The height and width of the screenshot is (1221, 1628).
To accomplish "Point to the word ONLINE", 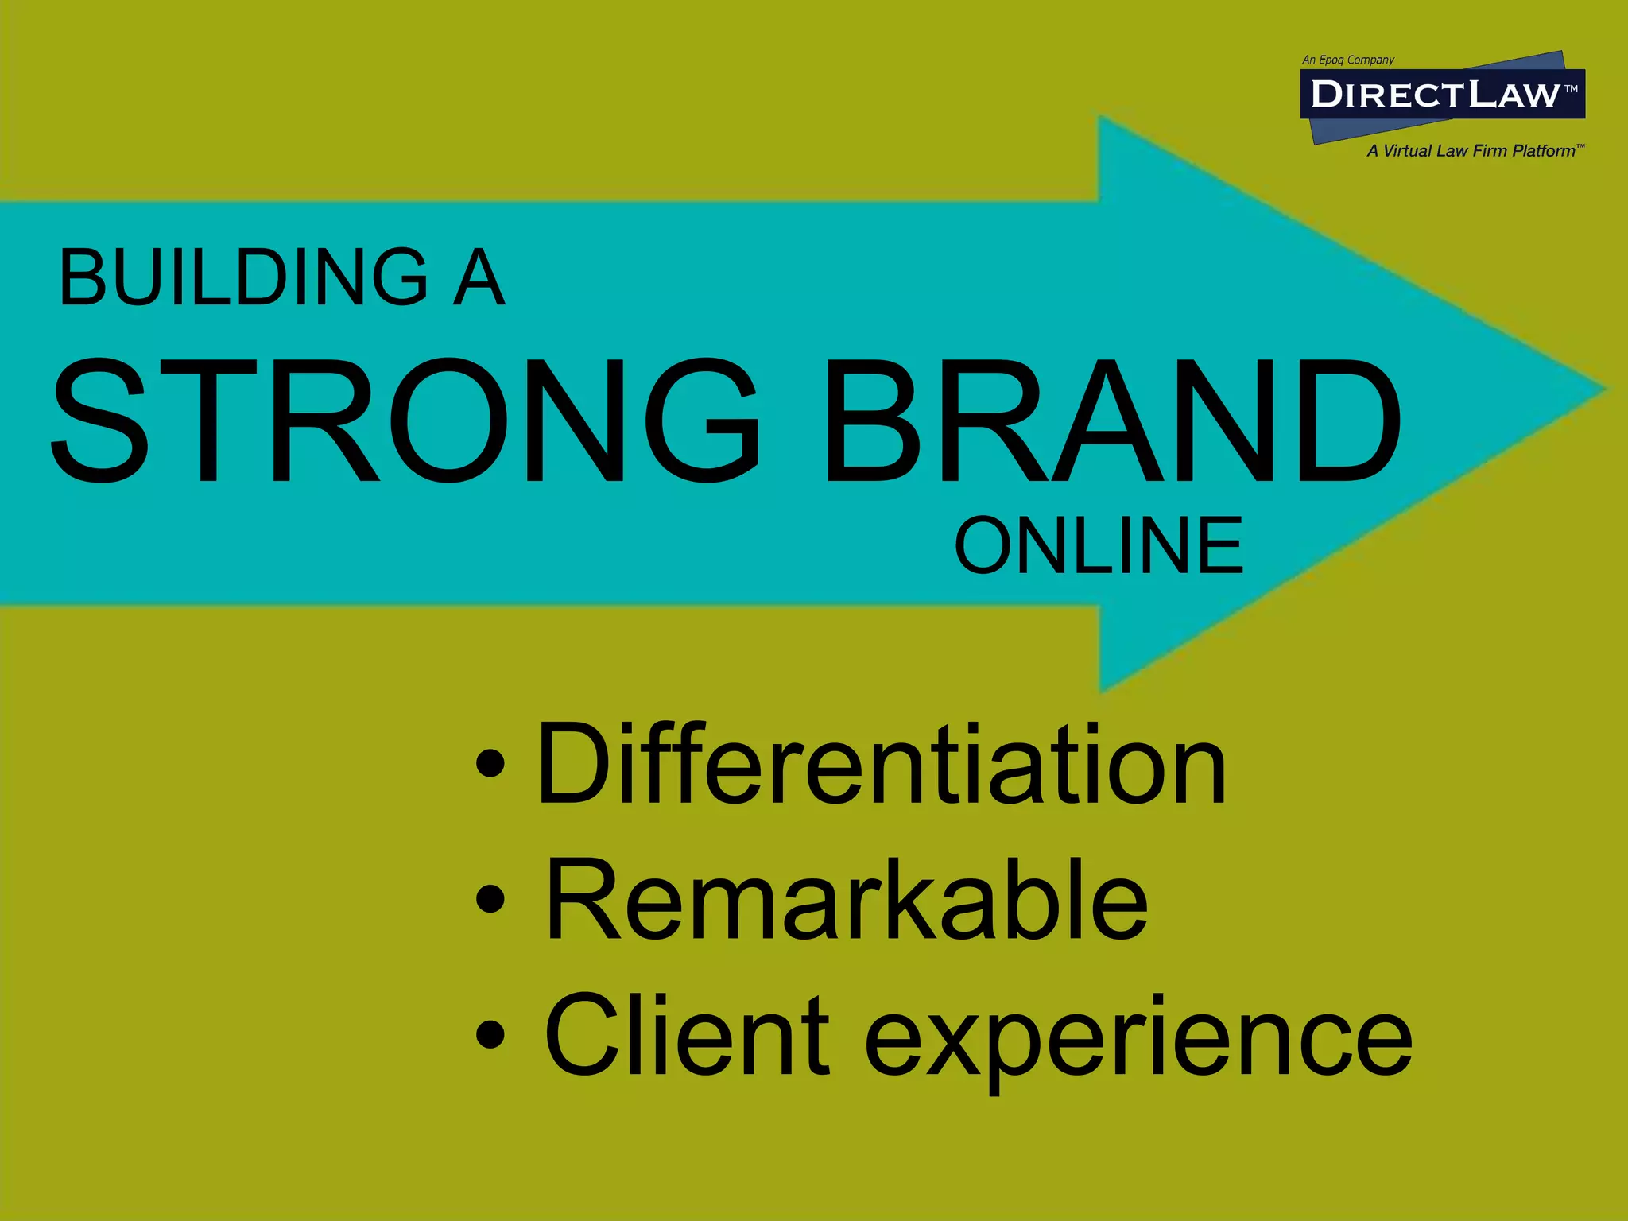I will (1099, 545).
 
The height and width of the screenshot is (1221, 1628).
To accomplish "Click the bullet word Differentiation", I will (882, 765).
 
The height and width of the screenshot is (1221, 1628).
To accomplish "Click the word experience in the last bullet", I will (1138, 1041).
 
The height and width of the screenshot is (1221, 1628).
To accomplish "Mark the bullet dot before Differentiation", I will (490, 763).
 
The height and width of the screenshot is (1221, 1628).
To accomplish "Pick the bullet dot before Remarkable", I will (490, 898).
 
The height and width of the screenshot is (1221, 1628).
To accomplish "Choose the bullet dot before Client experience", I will (490, 1033).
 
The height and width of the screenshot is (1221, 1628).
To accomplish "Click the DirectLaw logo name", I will (1435, 95).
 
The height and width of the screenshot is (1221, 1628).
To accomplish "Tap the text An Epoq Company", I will (1348, 60).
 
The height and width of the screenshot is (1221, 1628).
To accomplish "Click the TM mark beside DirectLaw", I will (1572, 89).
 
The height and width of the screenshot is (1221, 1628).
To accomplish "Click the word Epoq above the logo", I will (1331, 60).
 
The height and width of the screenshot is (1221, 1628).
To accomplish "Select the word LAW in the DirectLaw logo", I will (1514, 95).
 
